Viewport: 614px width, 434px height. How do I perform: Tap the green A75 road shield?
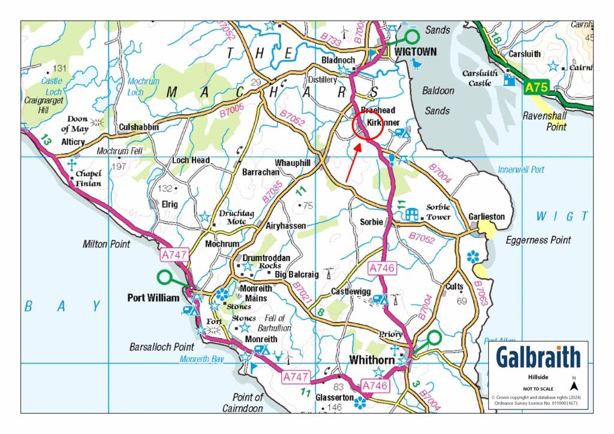click(537, 88)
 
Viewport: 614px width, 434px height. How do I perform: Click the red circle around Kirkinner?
click(366, 124)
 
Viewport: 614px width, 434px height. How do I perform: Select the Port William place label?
click(153, 297)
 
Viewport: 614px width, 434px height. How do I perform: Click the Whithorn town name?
click(372, 360)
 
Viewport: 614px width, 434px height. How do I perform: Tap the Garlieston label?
click(487, 216)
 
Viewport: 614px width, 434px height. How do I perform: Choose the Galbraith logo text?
click(538, 357)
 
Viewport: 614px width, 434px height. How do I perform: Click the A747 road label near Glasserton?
click(295, 376)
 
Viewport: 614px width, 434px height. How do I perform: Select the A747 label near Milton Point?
click(175, 255)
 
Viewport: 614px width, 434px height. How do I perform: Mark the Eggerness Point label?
click(538, 240)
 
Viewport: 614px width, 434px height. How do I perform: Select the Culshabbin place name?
click(139, 127)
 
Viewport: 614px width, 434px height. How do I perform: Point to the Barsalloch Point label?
click(162, 346)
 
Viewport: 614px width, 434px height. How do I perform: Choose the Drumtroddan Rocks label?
click(266, 261)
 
